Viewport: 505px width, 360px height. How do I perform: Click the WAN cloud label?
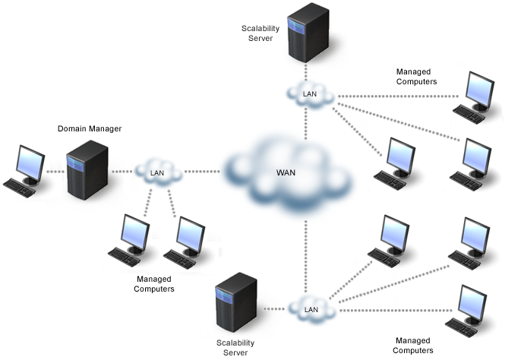[286, 172]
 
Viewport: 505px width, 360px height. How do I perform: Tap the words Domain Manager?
[90, 128]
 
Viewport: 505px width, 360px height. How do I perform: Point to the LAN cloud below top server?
[309, 94]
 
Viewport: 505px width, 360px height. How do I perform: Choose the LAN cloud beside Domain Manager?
[158, 172]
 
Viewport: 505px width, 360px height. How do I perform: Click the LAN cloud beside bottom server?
[311, 309]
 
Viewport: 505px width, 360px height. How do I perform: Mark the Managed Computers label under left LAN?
[154, 284]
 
